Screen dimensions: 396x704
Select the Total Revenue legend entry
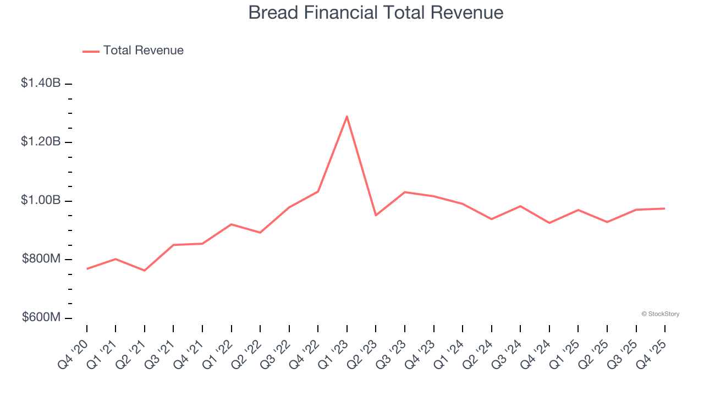pyautogui.click(x=133, y=51)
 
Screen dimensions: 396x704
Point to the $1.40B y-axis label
pyautogui.click(x=41, y=83)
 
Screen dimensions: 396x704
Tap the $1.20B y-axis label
pyautogui.click(x=41, y=142)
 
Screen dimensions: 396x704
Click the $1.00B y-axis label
pyautogui.click(x=41, y=201)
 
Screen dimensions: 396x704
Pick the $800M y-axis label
pyautogui.click(x=41, y=259)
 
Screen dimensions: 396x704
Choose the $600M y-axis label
pyautogui.click(x=41, y=318)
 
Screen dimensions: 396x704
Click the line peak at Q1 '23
pyautogui.click(x=347, y=116)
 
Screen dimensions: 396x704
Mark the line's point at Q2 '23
pyautogui.click(x=376, y=215)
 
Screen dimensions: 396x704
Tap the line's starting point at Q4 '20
pyautogui.click(x=87, y=269)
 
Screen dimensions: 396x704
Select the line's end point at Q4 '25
pyautogui.click(x=665, y=208)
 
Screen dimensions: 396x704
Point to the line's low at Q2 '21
pyautogui.click(x=145, y=271)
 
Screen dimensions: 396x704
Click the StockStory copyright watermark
pyautogui.click(x=660, y=314)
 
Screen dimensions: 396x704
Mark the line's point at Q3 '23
pyautogui.click(x=405, y=192)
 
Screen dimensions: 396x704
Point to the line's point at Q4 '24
pyautogui.click(x=549, y=223)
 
